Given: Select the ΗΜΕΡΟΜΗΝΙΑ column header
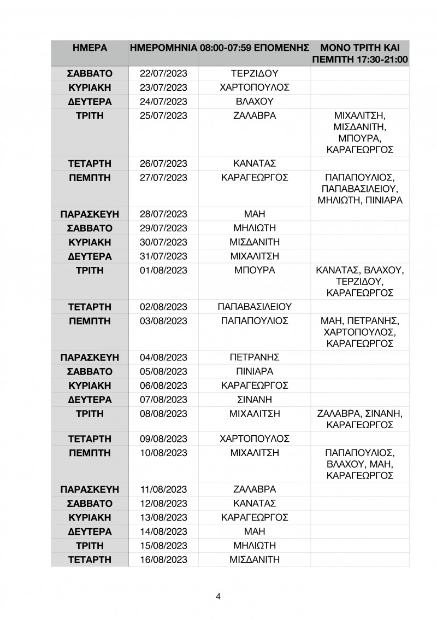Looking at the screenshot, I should [x=163, y=48].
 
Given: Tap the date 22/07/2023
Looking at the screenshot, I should [x=164, y=73].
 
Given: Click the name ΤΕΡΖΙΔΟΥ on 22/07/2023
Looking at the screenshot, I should [x=255, y=73].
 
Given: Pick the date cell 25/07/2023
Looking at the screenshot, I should [x=164, y=116].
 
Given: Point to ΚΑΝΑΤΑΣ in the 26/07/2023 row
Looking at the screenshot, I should [x=255, y=163].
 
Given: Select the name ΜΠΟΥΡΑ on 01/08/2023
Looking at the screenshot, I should [x=255, y=270].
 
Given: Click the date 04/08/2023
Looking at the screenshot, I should [x=164, y=358].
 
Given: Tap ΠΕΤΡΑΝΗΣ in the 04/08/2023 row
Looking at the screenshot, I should [x=255, y=358].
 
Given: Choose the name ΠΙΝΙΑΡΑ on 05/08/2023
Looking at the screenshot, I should [x=255, y=371].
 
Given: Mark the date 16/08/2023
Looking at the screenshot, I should [x=164, y=559].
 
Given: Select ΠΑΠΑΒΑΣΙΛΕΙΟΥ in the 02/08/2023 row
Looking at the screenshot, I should [x=255, y=306].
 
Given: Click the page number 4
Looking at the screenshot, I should [x=218, y=596].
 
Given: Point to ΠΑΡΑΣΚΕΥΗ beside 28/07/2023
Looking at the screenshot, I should [x=90, y=214].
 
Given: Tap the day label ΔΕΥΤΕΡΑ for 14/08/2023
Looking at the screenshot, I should [x=90, y=531].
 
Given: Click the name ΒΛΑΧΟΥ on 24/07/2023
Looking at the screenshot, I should [x=255, y=102].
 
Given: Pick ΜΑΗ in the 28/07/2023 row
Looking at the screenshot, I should [x=255, y=214].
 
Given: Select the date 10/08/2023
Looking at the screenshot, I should [x=164, y=453].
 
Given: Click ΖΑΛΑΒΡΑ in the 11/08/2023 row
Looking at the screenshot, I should [x=255, y=489].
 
